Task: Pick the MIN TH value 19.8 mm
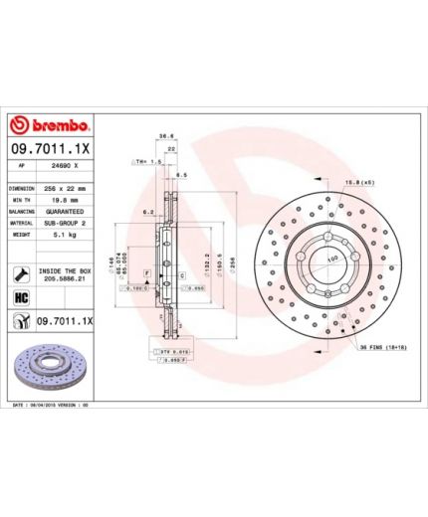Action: click(x=63, y=200)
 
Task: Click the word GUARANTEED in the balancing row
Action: click(x=65, y=212)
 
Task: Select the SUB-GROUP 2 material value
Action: click(x=65, y=224)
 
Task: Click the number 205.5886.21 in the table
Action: click(x=63, y=279)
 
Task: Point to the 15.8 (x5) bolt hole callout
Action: click(x=358, y=183)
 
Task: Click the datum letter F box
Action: click(x=147, y=271)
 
